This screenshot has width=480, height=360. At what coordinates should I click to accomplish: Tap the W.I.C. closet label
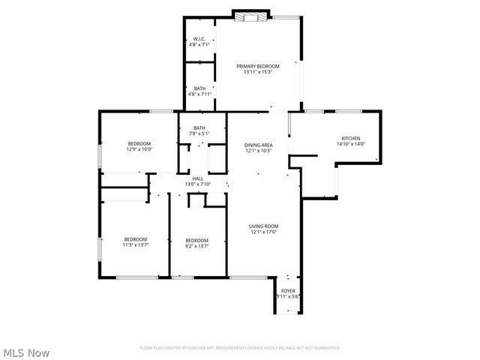coord(199,39)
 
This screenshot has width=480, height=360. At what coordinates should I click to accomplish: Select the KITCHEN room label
coord(351,138)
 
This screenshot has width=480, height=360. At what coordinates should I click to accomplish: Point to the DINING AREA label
coord(258,145)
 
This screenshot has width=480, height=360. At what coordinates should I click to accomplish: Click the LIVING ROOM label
coord(264,226)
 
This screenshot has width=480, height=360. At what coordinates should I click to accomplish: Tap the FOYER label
coord(288,290)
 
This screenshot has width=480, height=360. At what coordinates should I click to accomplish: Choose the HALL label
coord(198,178)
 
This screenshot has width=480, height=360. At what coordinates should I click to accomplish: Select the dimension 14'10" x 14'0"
coord(351,144)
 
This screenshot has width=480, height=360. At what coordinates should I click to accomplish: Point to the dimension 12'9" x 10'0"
coord(139,149)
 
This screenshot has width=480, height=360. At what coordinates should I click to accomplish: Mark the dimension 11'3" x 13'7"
coord(136,245)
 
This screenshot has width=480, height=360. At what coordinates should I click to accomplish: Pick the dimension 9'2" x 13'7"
coord(196,245)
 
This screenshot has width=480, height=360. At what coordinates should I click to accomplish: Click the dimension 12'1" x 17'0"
coord(264,232)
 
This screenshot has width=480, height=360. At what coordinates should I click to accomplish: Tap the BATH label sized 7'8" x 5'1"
coord(199,128)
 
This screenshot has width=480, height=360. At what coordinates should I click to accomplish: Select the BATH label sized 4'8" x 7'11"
coord(199,89)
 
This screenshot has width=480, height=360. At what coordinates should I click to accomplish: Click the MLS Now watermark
coord(27,352)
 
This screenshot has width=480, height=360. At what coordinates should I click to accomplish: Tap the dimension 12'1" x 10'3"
coord(258,151)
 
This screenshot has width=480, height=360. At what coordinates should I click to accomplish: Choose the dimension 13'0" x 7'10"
coord(198,184)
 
